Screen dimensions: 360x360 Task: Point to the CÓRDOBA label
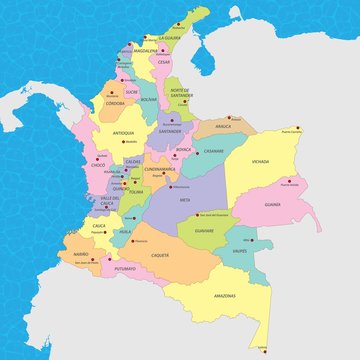(115, 103)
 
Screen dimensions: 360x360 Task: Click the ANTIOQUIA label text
(124, 132)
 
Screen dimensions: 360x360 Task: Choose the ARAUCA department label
(223, 127)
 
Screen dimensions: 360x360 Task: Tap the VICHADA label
(260, 160)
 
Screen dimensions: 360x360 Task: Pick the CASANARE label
(214, 151)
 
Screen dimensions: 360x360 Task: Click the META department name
(183, 200)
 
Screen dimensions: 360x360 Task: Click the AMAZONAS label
(224, 296)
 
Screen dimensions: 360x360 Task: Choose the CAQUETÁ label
(159, 257)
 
